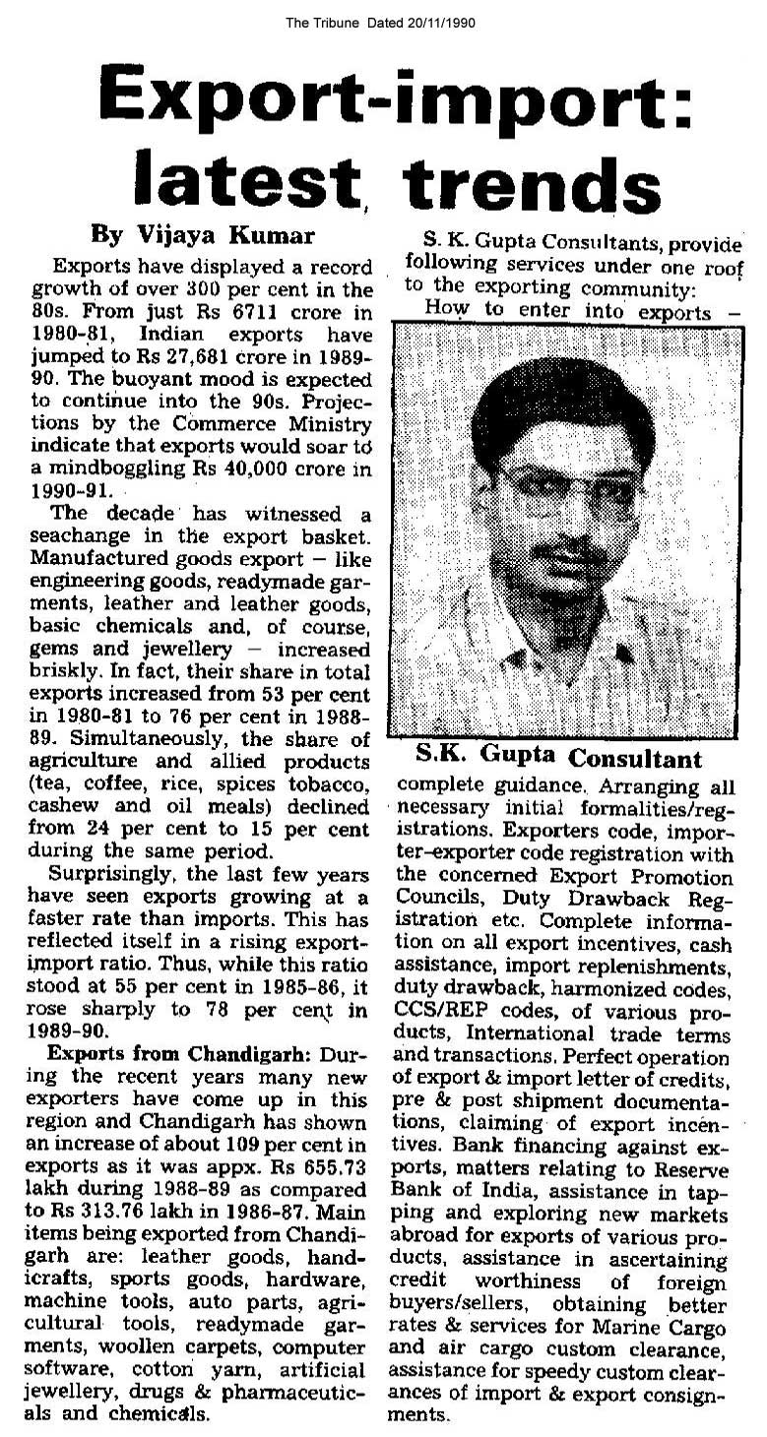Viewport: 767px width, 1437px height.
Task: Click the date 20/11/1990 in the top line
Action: pyautogui.click(x=438, y=24)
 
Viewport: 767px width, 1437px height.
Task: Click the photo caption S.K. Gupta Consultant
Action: pyautogui.click(x=557, y=758)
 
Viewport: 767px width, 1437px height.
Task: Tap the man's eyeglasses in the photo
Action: pyautogui.click(x=568, y=489)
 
